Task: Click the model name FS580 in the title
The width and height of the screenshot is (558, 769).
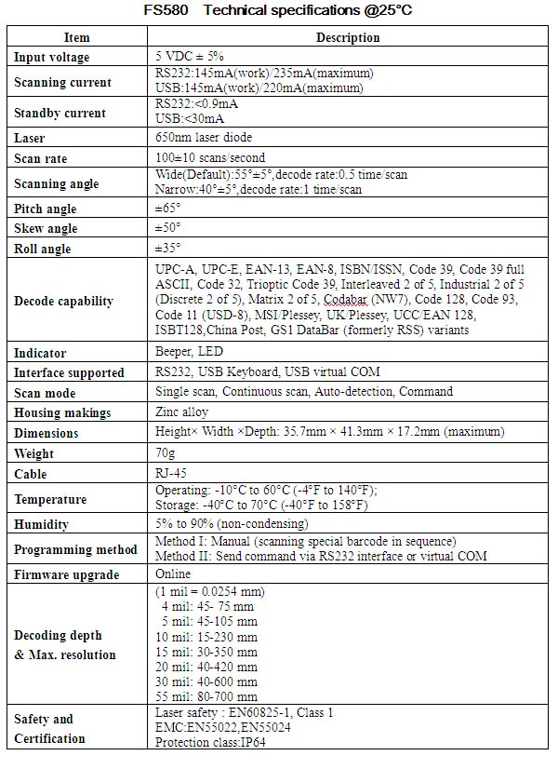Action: coord(166,10)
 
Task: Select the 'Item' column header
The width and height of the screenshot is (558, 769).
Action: coord(77,37)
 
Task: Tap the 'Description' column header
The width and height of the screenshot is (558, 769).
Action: coord(348,37)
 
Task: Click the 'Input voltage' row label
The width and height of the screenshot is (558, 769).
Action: coord(52,58)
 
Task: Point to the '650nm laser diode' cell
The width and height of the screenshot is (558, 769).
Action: coord(204,138)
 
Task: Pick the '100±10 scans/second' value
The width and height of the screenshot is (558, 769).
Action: coord(210,157)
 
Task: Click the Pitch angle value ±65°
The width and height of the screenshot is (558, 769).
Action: coord(168,208)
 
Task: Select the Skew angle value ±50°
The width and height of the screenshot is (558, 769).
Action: coord(168,227)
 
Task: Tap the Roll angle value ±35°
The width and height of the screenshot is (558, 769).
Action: coord(168,248)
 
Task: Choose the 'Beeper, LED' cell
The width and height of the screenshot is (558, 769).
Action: coord(190,352)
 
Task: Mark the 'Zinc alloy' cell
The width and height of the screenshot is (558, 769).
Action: coord(182,411)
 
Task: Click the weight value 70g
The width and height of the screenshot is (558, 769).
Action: coord(166,452)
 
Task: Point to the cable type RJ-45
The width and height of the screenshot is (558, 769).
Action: coord(170,473)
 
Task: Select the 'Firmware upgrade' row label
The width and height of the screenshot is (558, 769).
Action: coord(67,574)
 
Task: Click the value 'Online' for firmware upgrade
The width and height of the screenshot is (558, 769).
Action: coord(173,573)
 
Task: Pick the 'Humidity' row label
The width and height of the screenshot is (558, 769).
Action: coord(42,524)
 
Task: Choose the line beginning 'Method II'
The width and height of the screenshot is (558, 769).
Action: coord(321,556)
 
